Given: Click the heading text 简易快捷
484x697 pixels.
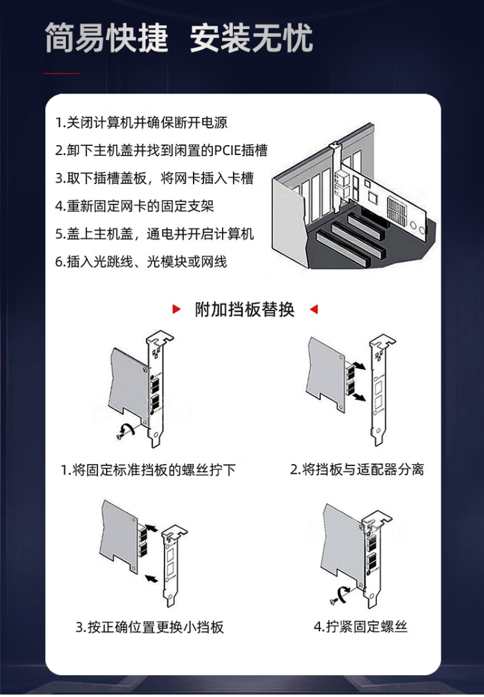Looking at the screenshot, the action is [106, 38].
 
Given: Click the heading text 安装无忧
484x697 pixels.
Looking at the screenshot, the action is [252, 38].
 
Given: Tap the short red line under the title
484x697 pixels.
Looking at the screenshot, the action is [62, 73].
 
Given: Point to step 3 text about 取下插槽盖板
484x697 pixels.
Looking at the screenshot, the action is [154, 178].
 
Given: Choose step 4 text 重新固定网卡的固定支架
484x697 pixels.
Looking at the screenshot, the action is [135, 206].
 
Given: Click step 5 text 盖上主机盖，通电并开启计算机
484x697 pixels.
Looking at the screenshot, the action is [155, 234].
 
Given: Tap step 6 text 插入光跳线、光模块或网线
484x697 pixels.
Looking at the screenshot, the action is [141, 262].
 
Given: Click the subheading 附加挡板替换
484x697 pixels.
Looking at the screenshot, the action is [245, 309].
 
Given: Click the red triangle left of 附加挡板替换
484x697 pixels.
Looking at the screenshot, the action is [176, 309].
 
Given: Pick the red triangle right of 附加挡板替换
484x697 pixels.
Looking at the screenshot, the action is [314, 309].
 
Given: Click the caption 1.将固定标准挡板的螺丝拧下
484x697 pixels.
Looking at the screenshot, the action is [148, 470].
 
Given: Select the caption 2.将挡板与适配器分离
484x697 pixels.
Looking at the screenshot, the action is [357, 469].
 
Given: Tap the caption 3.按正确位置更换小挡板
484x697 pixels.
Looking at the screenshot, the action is [150, 627].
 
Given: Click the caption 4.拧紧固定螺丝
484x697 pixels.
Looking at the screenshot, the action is [361, 627].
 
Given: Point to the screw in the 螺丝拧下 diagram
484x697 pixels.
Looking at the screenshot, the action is [119, 436].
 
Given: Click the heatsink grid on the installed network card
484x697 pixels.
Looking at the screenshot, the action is [397, 208].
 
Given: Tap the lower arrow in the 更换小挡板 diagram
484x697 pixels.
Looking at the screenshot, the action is [152, 578].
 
